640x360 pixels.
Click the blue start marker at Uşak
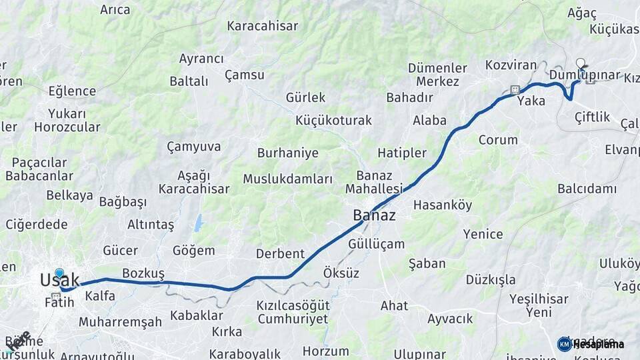pyautogui.click(x=59, y=273)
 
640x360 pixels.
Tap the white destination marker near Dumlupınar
pyautogui.click(x=580, y=63)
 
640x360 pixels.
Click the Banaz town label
pyautogui.click(x=374, y=215)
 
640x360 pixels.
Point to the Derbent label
pyautogui.click(x=280, y=253)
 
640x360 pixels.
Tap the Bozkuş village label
pyautogui.click(x=143, y=273)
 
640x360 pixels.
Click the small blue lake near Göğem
pyautogui.click(x=199, y=223)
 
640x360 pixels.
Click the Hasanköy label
pyautogui.click(x=443, y=205)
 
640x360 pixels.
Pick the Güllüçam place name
pyautogui.click(x=376, y=243)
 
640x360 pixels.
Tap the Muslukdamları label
pyautogui.click(x=287, y=179)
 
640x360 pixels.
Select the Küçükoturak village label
pyautogui.click(x=333, y=121)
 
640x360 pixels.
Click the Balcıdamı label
pyautogui.click(x=587, y=189)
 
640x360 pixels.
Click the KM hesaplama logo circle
pyautogui.click(x=564, y=344)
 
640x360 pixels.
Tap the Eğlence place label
pyautogui.click(x=72, y=91)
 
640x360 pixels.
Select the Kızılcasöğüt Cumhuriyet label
pyautogui.click(x=293, y=311)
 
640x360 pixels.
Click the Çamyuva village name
pyautogui.click(x=193, y=146)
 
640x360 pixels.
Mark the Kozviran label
pyautogui.click(x=511, y=65)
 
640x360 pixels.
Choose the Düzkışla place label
pyautogui.click(x=491, y=279)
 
